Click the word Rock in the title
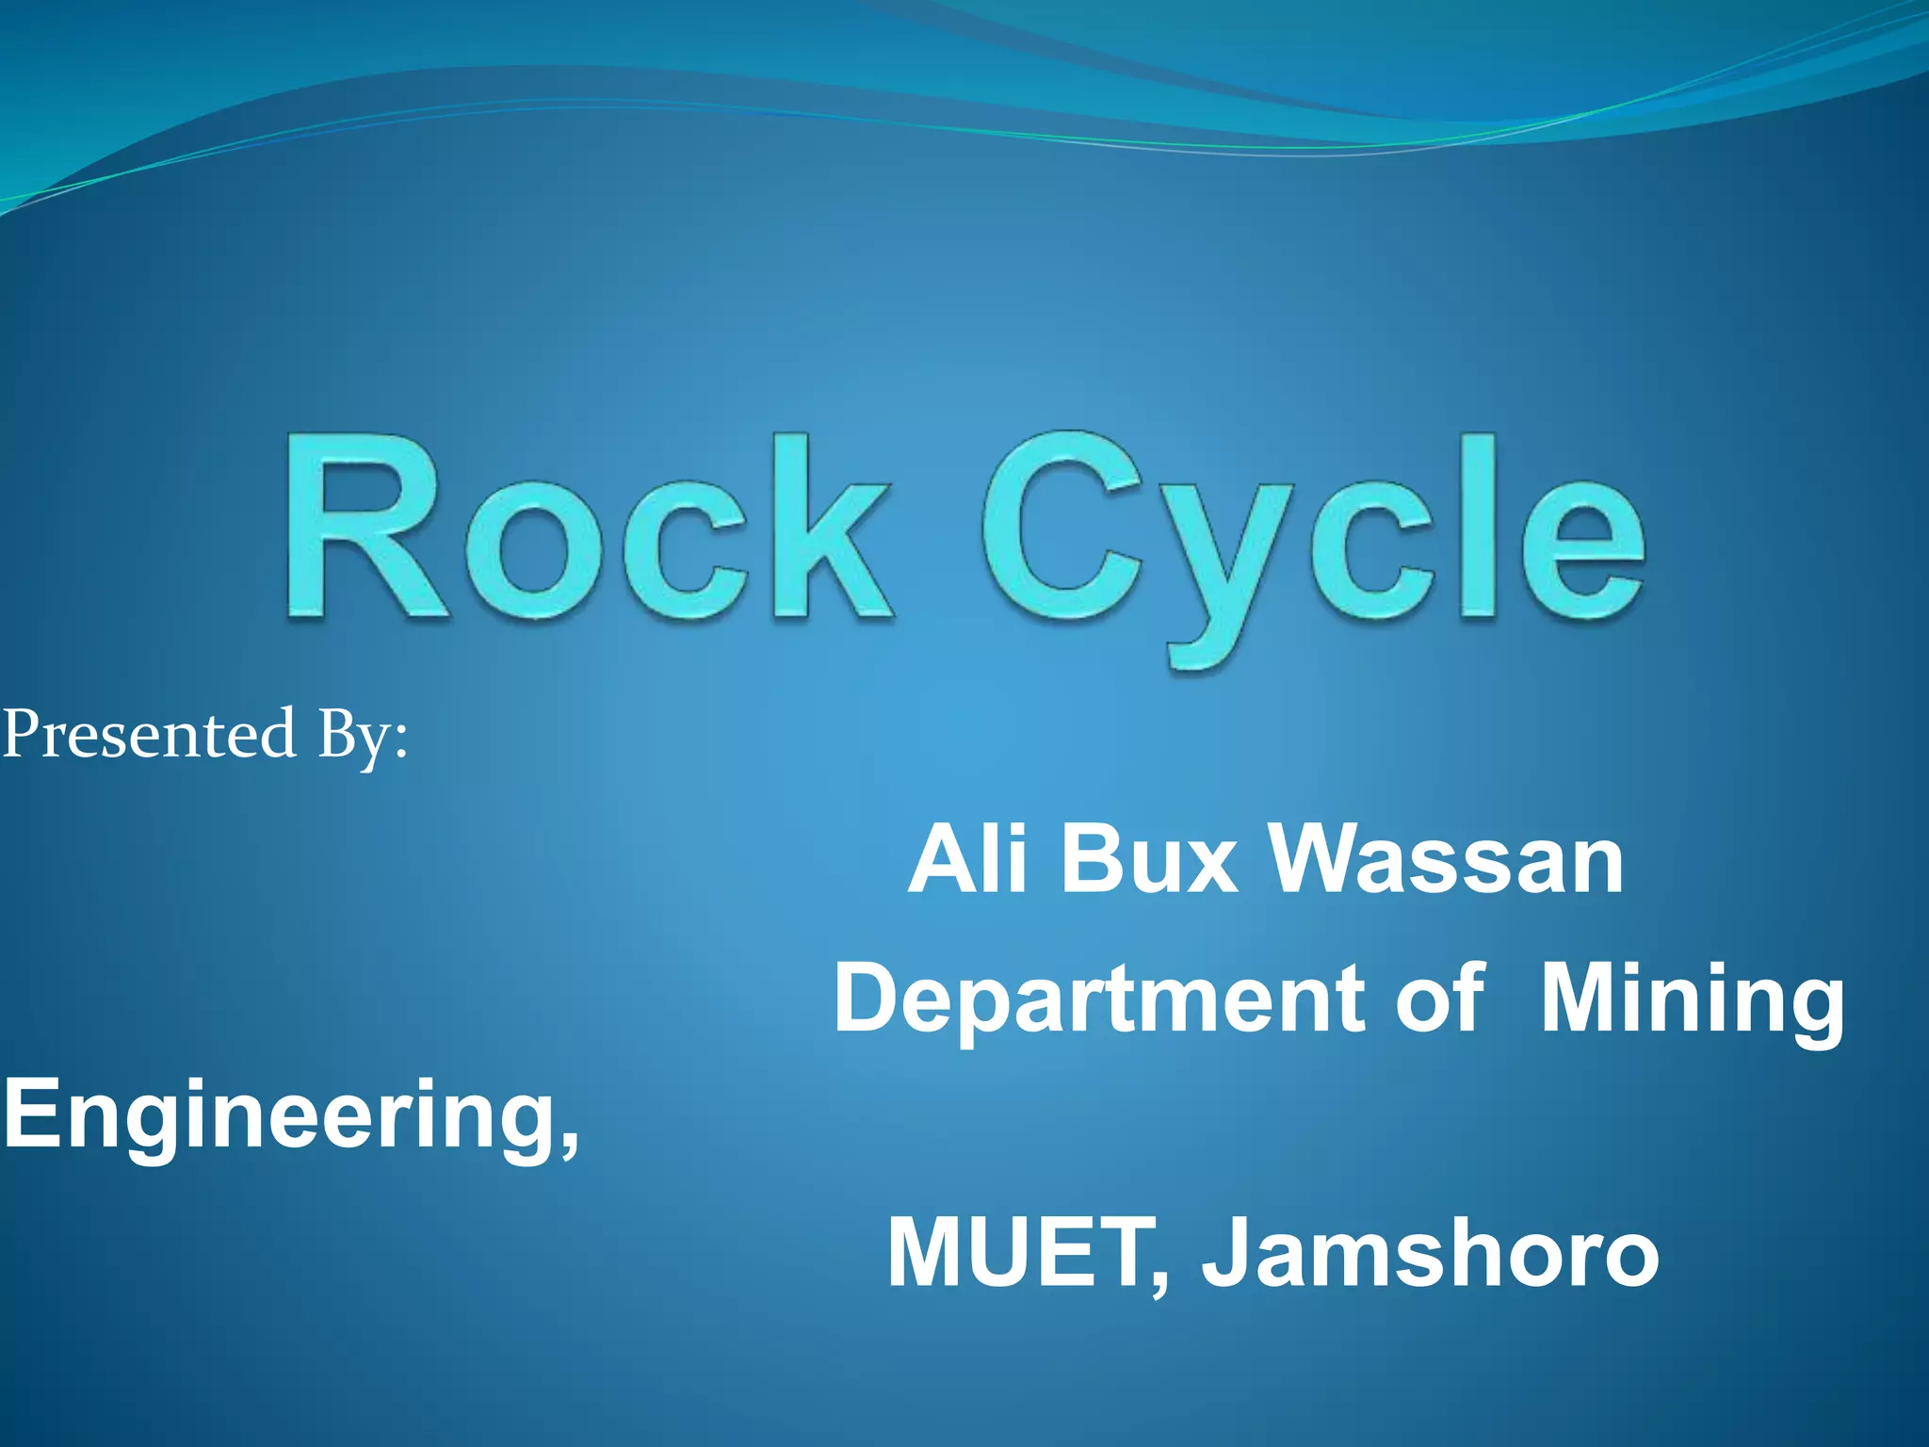click(x=589, y=528)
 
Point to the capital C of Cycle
click(x=1064, y=528)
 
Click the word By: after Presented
click(x=363, y=737)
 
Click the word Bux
click(x=1149, y=859)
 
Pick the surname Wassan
click(x=1446, y=859)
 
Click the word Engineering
click(x=278, y=1116)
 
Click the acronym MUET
click(x=1027, y=1253)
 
